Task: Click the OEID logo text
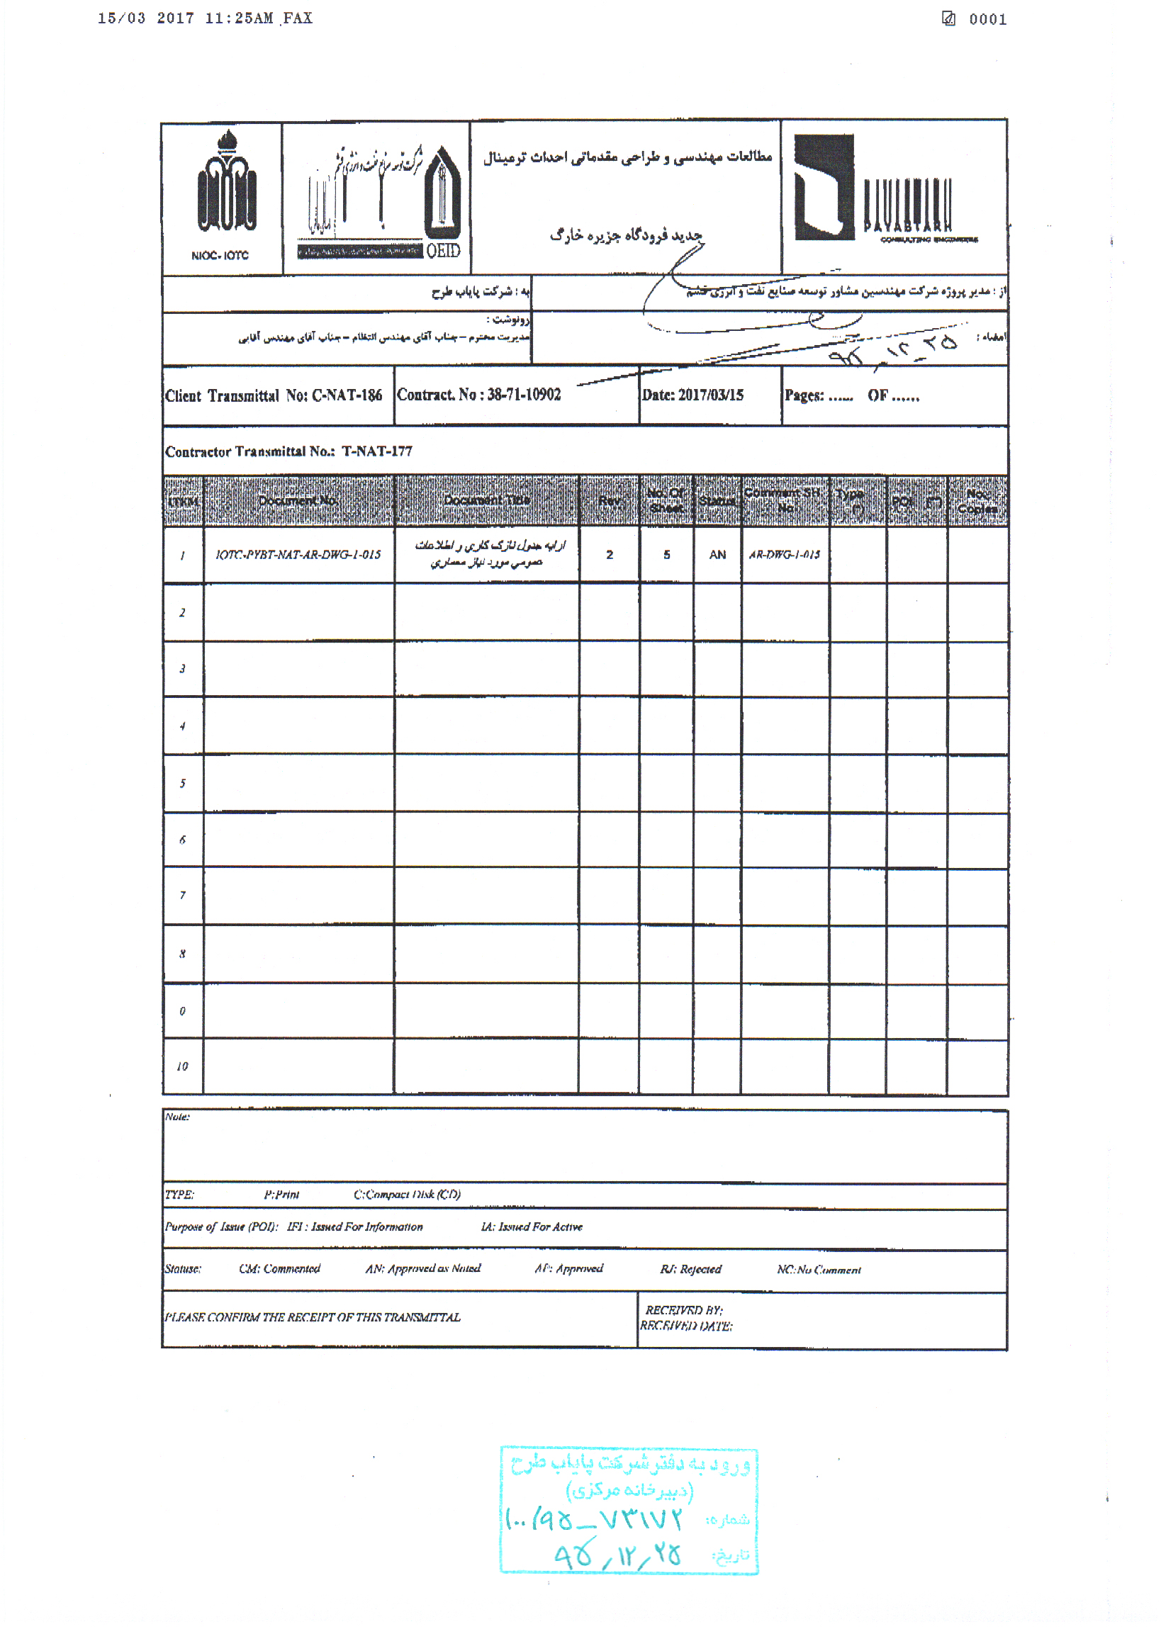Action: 443,250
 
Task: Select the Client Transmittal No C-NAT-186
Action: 273,395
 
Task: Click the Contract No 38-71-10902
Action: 478,395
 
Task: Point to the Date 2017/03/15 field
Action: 692,395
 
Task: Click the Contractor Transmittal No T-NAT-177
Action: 288,451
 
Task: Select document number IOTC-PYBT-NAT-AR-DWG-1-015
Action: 298,554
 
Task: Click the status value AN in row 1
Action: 717,555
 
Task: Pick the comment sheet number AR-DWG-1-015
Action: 784,555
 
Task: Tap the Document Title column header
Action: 486,500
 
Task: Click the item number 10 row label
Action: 182,1066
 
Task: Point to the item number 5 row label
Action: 182,784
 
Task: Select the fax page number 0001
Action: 987,20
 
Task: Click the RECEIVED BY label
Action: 683,1310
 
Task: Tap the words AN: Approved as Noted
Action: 423,1269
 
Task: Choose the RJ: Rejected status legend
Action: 690,1270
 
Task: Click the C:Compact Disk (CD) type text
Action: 407,1195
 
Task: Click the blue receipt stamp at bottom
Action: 629,1511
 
